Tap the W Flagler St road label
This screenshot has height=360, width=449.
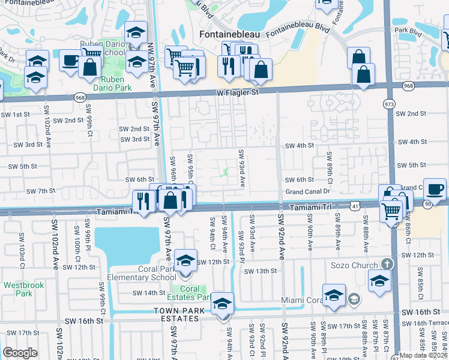pyautogui.click(x=238, y=93)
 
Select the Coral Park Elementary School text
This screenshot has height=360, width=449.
pyautogui.click(x=142, y=273)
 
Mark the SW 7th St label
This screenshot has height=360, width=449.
pyautogui.click(x=41, y=191)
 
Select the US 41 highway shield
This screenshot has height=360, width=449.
pyautogui.click(x=356, y=206)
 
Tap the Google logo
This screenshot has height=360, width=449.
pyautogui.click(x=20, y=352)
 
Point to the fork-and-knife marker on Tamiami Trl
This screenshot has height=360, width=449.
pyautogui.click(x=143, y=200)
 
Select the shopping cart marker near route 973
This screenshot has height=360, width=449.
pyautogui.click(x=391, y=210)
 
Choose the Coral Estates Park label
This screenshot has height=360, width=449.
pyautogui.click(x=191, y=293)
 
